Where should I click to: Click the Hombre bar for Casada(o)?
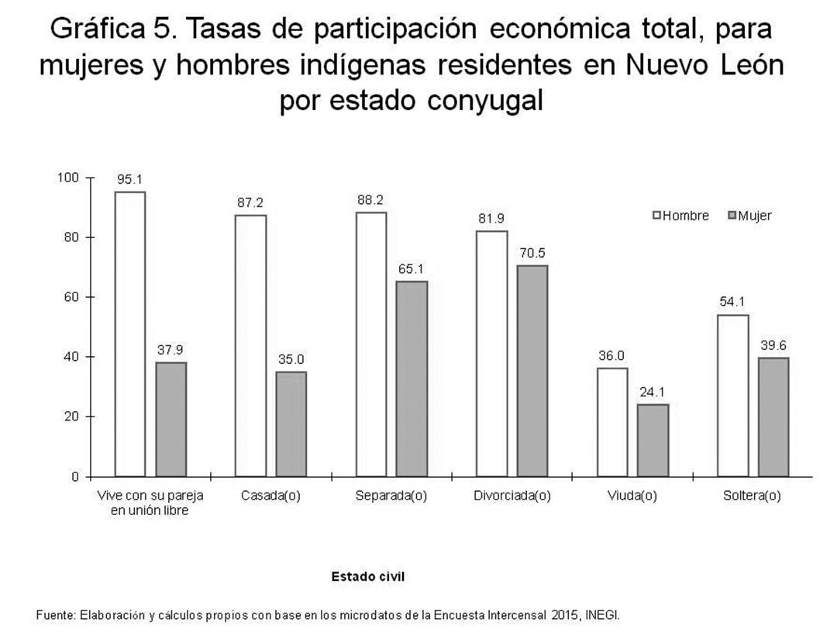coord(250,345)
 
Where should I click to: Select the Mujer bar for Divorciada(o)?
coord(532,371)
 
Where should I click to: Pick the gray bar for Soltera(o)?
coord(773,417)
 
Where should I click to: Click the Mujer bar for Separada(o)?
coord(412,379)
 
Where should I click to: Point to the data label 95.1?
coord(129,179)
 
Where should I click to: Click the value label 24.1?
coord(653,392)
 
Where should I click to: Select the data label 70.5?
coord(532,253)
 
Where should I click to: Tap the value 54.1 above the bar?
coord(733,302)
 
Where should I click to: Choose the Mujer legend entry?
coord(749,216)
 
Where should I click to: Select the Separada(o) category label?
coord(391,496)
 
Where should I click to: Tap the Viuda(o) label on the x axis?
coord(632,496)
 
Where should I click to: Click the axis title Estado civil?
coord(368,576)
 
